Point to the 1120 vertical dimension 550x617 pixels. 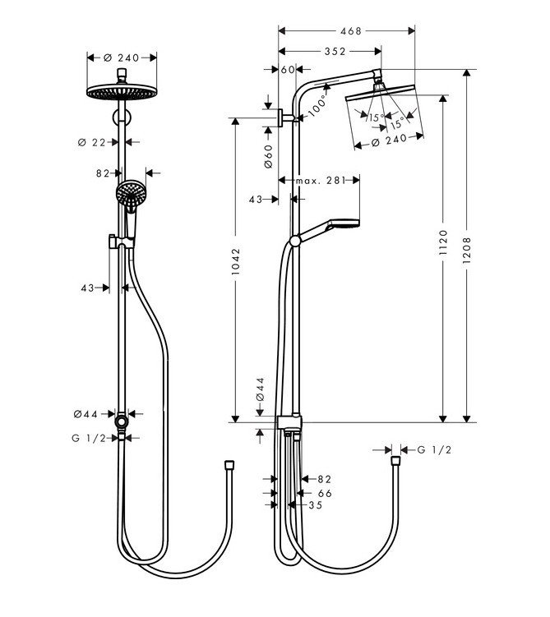444,244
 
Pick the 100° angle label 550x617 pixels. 317,105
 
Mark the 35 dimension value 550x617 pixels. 313,506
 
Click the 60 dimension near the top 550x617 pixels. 287,70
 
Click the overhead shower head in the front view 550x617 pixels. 122,91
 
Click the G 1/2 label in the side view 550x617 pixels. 435,449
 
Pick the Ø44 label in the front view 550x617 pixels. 95,414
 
